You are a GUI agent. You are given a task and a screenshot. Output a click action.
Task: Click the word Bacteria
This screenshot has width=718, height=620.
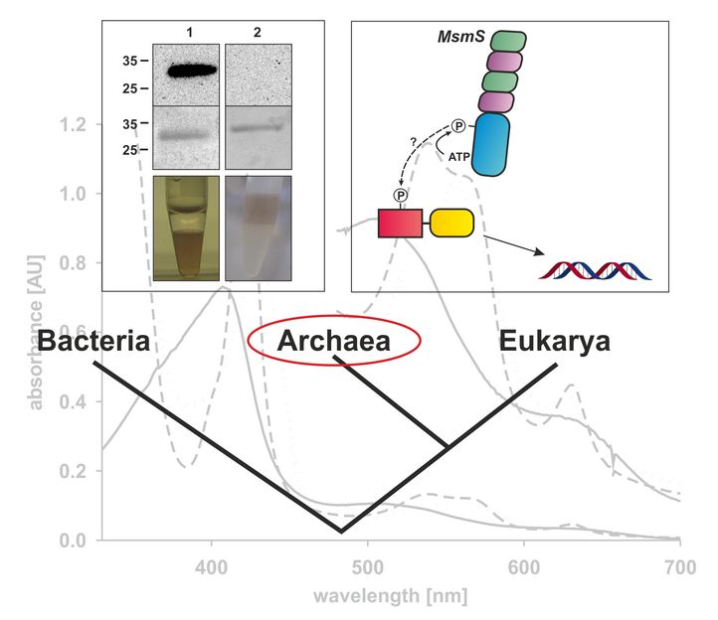coord(93,343)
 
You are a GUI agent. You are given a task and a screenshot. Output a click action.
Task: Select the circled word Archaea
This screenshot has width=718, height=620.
coord(334,341)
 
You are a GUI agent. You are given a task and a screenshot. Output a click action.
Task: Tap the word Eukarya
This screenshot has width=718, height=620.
coord(554,343)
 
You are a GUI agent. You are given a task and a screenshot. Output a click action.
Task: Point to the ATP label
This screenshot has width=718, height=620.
coord(458,156)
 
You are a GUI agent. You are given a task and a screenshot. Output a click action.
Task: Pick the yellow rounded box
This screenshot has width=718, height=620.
coord(450,224)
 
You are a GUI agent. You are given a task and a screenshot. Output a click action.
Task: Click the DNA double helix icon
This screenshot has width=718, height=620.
coord(594,269)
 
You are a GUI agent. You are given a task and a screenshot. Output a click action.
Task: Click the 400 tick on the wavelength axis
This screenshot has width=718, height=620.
coord(211,568)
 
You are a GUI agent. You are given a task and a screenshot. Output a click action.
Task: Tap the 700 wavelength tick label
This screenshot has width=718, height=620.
coord(679,568)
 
